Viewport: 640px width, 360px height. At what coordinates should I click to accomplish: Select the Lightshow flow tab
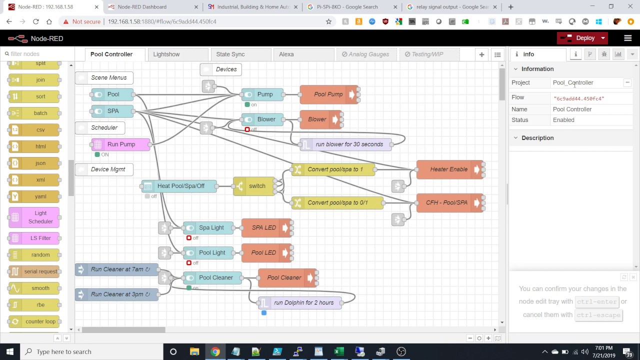point(166,54)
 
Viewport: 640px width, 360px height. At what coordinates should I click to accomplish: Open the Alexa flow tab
point(286,54)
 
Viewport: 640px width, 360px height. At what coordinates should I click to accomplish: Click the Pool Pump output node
point(328,94)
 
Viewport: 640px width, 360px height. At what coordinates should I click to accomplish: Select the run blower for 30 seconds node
point(348,144)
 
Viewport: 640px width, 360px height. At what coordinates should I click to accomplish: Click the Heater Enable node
point(448,169)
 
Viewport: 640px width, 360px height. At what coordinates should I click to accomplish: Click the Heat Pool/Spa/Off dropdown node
point(180,186)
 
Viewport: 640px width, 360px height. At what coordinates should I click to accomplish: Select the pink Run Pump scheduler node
point(120,144)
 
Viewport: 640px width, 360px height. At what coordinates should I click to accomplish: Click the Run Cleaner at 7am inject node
point(116,269)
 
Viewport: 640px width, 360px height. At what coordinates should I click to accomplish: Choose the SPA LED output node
point(263,227)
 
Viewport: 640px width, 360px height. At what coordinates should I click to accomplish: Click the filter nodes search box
point(37,54)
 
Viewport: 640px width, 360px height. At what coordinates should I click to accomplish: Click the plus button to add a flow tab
point(481,54)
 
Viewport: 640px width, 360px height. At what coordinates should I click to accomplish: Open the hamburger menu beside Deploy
point(627,38)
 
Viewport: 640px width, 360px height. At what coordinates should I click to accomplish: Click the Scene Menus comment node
point(108,77)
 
